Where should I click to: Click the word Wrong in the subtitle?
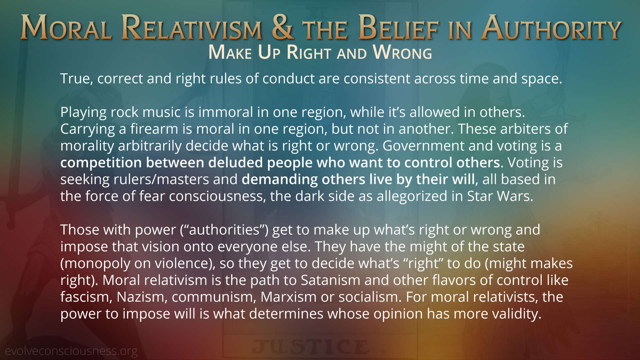click(402, 52)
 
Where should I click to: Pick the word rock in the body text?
click(124, 112)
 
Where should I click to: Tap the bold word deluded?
click(235, 163)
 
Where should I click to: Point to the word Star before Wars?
click(480, 196)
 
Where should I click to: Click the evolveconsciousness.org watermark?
click(71, 351)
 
